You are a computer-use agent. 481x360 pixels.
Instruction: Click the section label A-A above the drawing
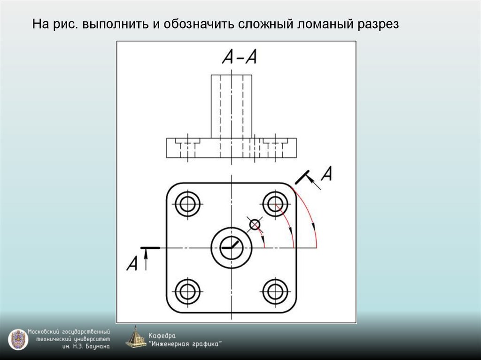tap(239, 57)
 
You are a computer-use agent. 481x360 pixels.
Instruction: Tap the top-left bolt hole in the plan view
tap(187, 204)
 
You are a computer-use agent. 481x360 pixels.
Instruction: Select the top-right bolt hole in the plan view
tap(275, 204)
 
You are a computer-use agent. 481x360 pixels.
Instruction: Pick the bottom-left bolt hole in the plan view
tap(187, 291)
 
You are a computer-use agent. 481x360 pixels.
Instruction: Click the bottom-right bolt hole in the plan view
tap(275, 291)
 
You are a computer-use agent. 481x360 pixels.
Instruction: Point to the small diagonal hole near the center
tap(255, 225)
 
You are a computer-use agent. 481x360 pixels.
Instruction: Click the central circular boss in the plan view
tap(232, 247)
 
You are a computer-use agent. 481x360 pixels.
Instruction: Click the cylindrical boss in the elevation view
tap(231, 106)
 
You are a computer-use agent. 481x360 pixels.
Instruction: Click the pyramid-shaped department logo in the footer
tap(136, 337)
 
